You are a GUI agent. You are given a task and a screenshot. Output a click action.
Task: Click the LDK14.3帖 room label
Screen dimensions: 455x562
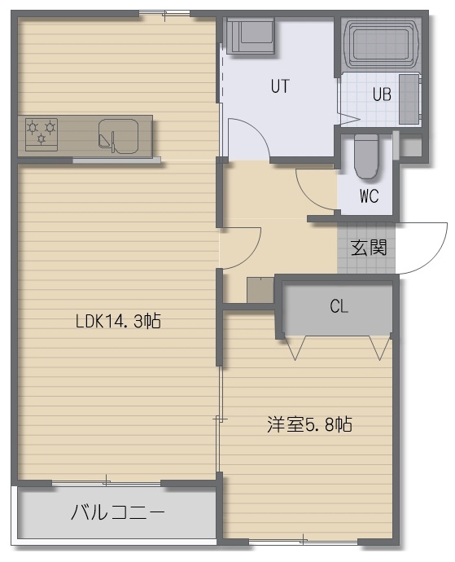(118, 321)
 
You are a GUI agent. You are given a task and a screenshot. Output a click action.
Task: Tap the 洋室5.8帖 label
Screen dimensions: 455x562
(309, 424)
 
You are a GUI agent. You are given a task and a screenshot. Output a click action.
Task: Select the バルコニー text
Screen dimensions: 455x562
(117, 512)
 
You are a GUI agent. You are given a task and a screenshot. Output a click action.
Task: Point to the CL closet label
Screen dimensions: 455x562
(339, 306)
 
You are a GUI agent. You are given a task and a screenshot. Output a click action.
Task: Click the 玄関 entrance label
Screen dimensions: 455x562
(369, 248)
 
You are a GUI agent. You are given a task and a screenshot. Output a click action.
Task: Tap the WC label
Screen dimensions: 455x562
(369, 196)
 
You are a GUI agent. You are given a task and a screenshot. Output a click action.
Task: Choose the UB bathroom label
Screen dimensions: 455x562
(382, 94)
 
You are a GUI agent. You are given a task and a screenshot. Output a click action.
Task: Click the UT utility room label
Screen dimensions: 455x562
(280, 86)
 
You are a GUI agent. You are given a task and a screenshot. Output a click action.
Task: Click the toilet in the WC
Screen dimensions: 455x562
(366, 156)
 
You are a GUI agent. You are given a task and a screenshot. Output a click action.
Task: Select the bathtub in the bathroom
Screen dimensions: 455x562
(382, 45)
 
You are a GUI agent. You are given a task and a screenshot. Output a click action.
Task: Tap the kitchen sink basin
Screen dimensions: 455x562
(119, 135)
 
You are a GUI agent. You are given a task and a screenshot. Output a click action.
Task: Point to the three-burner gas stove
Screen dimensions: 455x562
(42, 134)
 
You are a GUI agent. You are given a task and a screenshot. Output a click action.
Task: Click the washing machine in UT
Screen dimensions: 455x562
(251, 36)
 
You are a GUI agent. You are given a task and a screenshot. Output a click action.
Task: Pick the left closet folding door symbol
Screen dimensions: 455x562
(295, 348)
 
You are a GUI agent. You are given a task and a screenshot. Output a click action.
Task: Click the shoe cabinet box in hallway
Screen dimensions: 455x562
(260, 290)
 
